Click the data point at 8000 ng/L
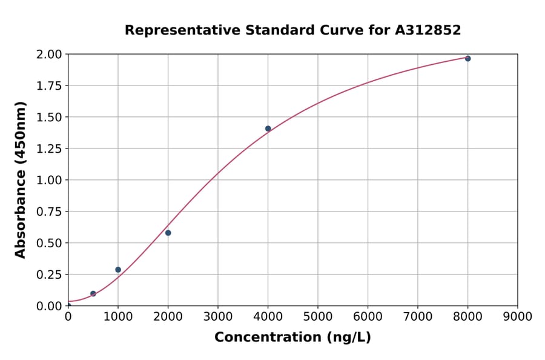tap(467, 59)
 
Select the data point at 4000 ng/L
tap(268, 128)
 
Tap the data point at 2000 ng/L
tap(168, 233)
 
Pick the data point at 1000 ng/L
tap(118, 270)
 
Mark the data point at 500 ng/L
tap(93, 293)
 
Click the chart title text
tap(292, 30)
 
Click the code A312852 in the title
tap(428, 30)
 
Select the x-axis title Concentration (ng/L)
tap(292, 338)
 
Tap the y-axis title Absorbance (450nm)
tap(21, 180)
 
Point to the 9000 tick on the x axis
tap(518, 316)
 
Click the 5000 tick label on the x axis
tap(318, 316)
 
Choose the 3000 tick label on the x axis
tap(218, 316)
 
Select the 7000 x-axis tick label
tap(418, 316)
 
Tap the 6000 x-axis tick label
tap(368, 316)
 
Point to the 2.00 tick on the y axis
tap(50, 55)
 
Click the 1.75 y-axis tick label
tap(50, 86)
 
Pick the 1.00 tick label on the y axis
tap(50, 180)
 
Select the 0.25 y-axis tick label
tap(50, 275)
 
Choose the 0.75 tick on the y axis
tap(50, 212)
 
